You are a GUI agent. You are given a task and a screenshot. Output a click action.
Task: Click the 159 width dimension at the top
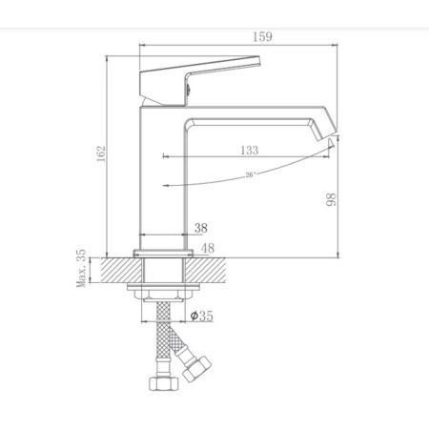(237, 37)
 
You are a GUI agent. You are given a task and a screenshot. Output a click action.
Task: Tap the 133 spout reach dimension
(248, 149)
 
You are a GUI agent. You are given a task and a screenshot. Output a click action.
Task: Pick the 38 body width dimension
(201, 228)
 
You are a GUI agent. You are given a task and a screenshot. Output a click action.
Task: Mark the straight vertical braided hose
(163, 338)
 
